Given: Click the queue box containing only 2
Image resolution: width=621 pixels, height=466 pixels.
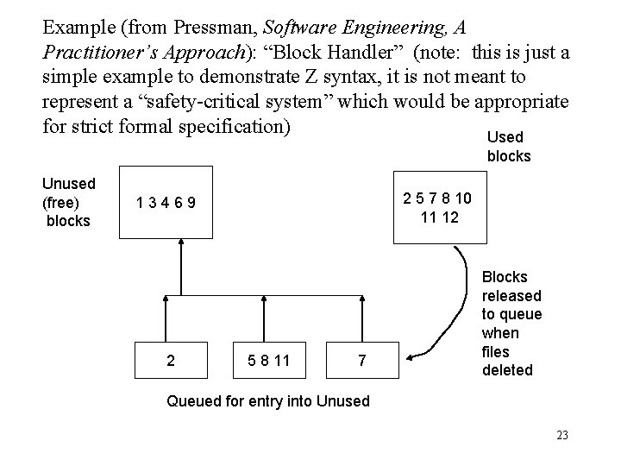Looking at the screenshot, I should click(x=171, y=362).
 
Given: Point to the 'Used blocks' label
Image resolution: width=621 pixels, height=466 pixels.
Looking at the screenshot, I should click(x=509, y=147).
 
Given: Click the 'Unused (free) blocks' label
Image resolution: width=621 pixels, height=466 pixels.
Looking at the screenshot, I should click(x=69, y=202).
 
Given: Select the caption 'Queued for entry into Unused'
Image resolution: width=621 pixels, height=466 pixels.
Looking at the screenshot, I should click(x=267, y=400).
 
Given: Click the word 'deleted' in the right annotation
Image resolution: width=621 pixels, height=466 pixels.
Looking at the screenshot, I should click(x=509, y=370).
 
